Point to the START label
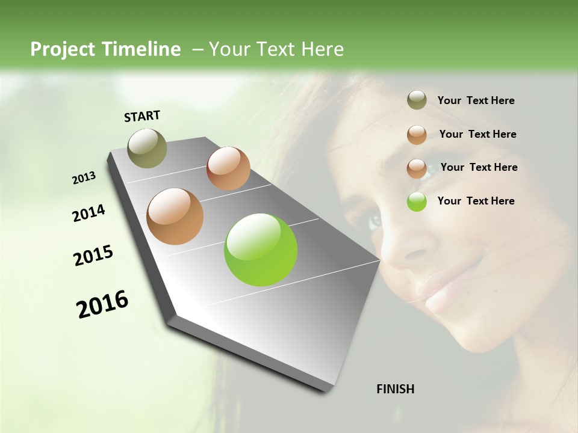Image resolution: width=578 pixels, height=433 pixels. pyautogui.click(x=142, y=116)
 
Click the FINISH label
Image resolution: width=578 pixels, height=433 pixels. pyautogui.click(x=395, y=389)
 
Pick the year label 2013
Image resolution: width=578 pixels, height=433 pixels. pyautogui.click(x=84, y=178)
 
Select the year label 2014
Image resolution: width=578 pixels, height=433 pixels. pyautogui.click(x=89, y=213)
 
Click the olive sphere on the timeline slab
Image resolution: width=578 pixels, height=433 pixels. pyautogui.click(x=148, y=148)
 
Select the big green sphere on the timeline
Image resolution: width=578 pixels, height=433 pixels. pyautogui.click(x=261, y=250)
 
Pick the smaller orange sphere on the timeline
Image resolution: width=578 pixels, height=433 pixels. pyautogui.click(x=228, y=168)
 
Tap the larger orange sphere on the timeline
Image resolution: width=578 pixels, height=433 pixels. pyautogui.click(x=175, y=216)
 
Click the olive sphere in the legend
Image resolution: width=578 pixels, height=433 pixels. pyautogui.click(x=417, y=100)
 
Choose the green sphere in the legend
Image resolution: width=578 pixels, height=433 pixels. pyautogui.click(x=417, y=201)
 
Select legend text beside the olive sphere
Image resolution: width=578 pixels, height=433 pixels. pyautogui.click(x=476, y=100)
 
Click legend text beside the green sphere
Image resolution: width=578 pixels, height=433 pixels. pyautogui.click(x=476, y=201)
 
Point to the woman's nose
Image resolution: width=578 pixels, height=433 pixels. pyautogui.click(x=406, y=250)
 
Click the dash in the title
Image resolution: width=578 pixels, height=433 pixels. pyautogui.click(x=197, y=49)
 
